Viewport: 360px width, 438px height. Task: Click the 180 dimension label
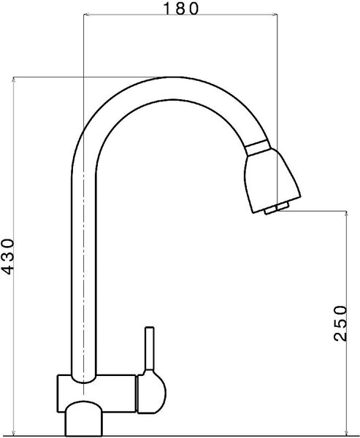[x=180, y=8]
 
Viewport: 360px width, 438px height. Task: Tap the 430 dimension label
[x=7, y=256]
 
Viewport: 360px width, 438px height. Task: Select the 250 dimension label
[x=340, y=323]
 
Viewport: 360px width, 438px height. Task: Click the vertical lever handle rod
[x=150, y=348]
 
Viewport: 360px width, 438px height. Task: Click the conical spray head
[x=271, y=181]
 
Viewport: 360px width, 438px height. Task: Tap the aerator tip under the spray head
[x=277, y=208]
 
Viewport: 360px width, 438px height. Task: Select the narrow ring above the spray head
[x=258, y=147]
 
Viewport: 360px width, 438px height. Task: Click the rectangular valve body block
[x=97, y=393]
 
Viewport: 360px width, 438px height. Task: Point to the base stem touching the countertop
[x=84, y=418]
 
